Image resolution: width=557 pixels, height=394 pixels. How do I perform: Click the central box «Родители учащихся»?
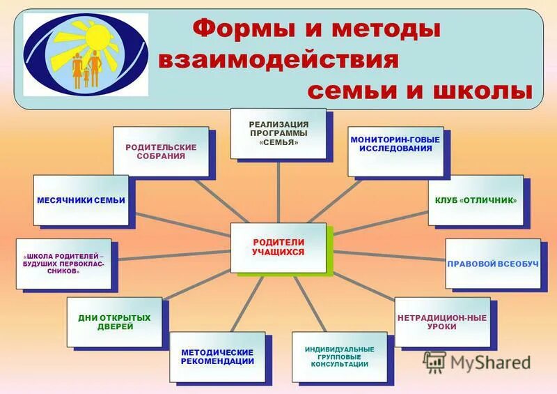(x=278, y=247)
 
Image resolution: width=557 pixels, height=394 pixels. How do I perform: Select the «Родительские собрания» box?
(x=161, y=151)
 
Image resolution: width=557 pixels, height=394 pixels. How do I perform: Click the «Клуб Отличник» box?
(x=476, y=200)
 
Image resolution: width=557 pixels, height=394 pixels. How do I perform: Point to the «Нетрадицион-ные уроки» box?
(x=442, y=321)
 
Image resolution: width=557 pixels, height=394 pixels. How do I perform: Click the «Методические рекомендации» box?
(x=217, y=356)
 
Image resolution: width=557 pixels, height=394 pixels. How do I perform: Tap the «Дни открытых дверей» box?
(x=114, y=322)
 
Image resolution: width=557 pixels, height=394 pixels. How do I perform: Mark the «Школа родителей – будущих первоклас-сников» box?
(x=63, y=264)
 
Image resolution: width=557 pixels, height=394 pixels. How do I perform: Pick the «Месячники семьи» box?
(x=81, y=200)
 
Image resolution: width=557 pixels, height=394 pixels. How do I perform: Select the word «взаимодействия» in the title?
(x=278, y=59)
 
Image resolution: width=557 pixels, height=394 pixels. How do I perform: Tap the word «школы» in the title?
(x=483, y=91)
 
